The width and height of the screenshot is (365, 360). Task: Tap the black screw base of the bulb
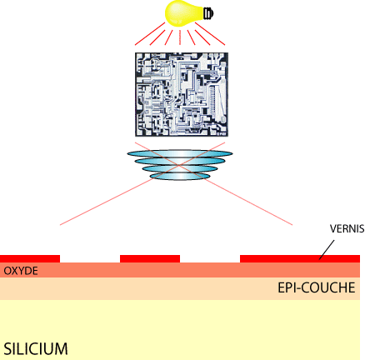tap(208, 13)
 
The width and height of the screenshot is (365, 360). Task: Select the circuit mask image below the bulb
tap(182, 94)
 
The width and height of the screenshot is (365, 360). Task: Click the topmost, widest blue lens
tap(180, 153)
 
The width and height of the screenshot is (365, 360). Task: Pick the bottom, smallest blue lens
tap(180, 176)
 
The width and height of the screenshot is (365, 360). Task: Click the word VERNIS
tap(347, 228)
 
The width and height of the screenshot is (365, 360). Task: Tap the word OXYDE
tap(21, 271)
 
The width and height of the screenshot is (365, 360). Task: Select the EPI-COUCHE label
tap(317, 287)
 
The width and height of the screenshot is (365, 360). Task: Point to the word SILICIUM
tap(36, 349)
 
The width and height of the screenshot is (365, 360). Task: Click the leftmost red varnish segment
tap(30, 258)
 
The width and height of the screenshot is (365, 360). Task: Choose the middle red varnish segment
tap(150, 258)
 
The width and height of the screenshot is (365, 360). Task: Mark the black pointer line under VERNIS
tap(327, 250)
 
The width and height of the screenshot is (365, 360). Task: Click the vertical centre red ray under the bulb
tap(180, 37)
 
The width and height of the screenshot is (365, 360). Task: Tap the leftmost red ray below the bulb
tap(150, 33)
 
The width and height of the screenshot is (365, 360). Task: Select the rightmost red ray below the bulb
tap(210, 33)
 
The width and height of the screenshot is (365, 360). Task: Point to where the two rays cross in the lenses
tap(180, 165)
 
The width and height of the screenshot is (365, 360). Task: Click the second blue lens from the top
tap(180, 161)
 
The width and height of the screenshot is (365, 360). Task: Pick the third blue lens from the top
tap(180, 168)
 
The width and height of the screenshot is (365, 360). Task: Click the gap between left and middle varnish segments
tap(90, 258)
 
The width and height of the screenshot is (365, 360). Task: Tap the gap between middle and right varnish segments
tap(210, 258)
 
